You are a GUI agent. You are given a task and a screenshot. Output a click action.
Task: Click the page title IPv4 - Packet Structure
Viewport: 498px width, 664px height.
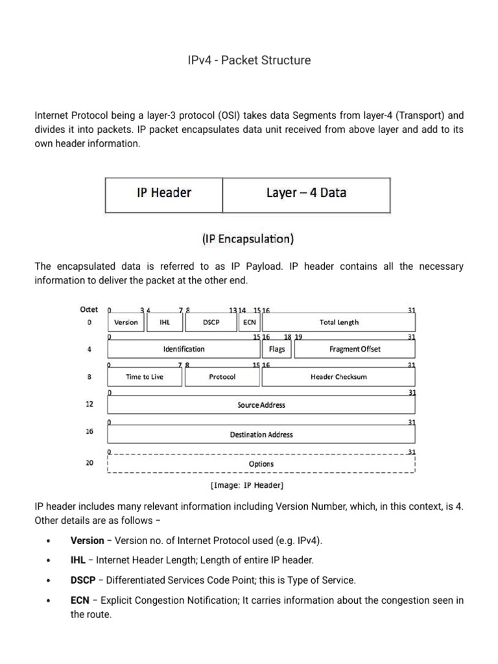249,60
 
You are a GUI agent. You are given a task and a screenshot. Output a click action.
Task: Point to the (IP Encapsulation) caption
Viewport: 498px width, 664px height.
247,239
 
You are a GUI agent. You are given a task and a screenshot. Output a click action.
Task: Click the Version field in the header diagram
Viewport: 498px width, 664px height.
126,322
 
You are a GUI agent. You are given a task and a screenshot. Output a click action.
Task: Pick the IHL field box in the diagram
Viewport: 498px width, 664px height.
164,322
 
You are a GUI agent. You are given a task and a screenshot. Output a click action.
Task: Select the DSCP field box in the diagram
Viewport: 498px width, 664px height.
211,322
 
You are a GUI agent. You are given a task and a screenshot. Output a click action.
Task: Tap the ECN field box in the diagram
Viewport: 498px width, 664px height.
249,322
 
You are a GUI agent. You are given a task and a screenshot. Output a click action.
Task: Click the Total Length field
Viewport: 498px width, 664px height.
338,322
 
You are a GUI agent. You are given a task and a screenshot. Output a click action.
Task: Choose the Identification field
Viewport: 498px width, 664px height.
184,350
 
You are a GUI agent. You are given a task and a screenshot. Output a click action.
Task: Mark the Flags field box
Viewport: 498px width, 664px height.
277,350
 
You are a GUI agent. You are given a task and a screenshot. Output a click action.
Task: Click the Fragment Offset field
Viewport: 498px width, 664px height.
355,350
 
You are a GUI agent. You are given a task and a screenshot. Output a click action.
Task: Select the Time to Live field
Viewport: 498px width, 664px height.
145,377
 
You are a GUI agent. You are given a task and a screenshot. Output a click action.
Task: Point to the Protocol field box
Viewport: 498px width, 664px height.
222,377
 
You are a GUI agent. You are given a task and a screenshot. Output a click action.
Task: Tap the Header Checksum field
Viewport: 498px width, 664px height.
338,377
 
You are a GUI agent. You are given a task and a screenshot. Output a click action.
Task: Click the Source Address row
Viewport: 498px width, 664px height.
261,405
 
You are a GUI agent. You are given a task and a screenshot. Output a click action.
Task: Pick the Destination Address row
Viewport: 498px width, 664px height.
261,434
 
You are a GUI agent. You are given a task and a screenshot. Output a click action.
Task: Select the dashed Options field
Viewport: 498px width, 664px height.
261,464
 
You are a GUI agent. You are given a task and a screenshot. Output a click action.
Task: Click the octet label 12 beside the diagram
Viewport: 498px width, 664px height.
89,404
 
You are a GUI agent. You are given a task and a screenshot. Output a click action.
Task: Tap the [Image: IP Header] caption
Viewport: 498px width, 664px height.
246,485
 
